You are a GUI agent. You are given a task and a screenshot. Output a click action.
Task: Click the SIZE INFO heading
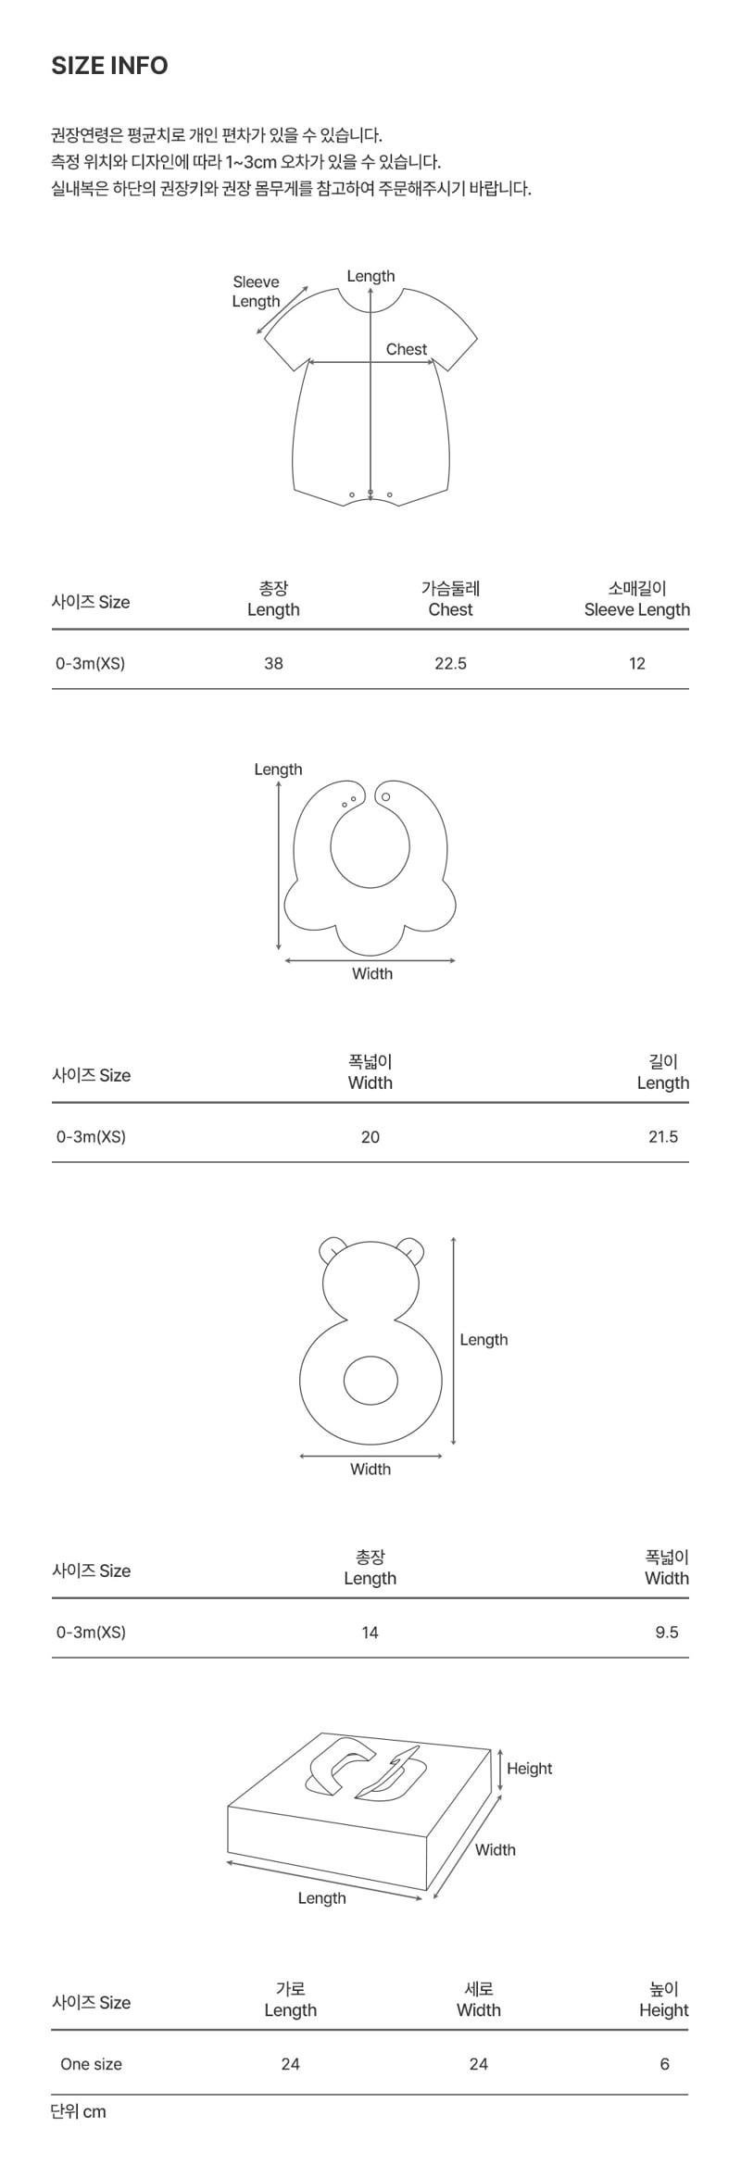109,66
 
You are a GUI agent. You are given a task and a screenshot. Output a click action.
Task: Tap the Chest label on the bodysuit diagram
407,349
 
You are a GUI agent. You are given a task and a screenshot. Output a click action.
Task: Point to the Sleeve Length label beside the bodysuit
256,292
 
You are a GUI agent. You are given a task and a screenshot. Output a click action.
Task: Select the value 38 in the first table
273,663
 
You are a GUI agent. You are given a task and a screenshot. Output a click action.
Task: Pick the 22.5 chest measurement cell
450,663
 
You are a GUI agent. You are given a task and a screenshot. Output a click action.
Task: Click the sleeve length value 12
637,663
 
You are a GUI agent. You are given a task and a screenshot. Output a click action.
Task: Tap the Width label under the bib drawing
372,973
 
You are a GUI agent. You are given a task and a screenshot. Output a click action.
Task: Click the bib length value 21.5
663,1136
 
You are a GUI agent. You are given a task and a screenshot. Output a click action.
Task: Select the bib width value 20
370,1136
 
